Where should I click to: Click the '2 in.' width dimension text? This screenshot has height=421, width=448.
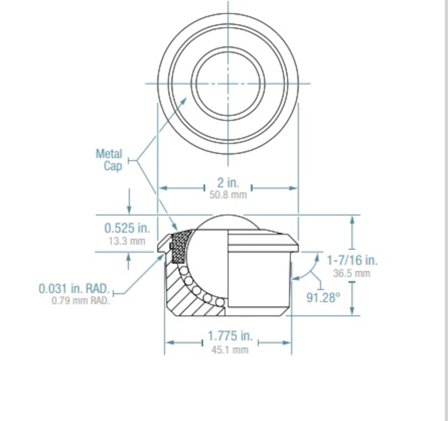pos(228,183)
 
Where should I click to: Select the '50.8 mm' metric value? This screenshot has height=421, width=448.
pos(228,195)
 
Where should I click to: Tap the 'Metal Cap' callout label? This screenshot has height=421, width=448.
pos(109,160)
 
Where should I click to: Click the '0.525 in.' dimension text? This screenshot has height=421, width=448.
pos(127,228)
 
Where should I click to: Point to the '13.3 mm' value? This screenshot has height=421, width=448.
pos(127,241)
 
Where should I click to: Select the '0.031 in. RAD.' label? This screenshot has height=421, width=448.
pos(74,289)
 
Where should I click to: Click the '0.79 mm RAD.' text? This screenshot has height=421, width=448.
pos(81,301)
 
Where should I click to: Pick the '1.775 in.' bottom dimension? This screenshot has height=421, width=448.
pos(230,336)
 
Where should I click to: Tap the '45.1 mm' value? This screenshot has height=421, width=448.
pos(230,350)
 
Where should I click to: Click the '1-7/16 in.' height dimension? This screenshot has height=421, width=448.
pos(352,260)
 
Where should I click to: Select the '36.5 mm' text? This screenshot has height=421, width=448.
pos(352,273)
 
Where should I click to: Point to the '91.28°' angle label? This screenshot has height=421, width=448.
pos(323,297)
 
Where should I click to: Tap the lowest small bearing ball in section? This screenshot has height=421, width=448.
pos(220,302)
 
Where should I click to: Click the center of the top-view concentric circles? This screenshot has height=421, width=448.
pos(228,83)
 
